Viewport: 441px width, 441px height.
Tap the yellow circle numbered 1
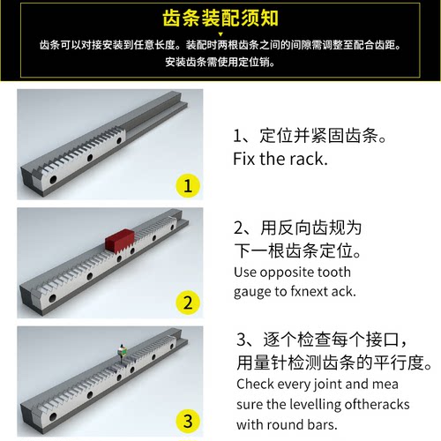point(186,185)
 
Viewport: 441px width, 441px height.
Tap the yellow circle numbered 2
point(186,303)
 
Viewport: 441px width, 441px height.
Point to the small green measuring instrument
point(123,351)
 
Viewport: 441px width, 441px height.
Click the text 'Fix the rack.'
point(280,161)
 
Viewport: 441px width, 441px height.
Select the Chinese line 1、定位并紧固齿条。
point(310,137)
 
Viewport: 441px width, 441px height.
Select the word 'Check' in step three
point(256,385)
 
